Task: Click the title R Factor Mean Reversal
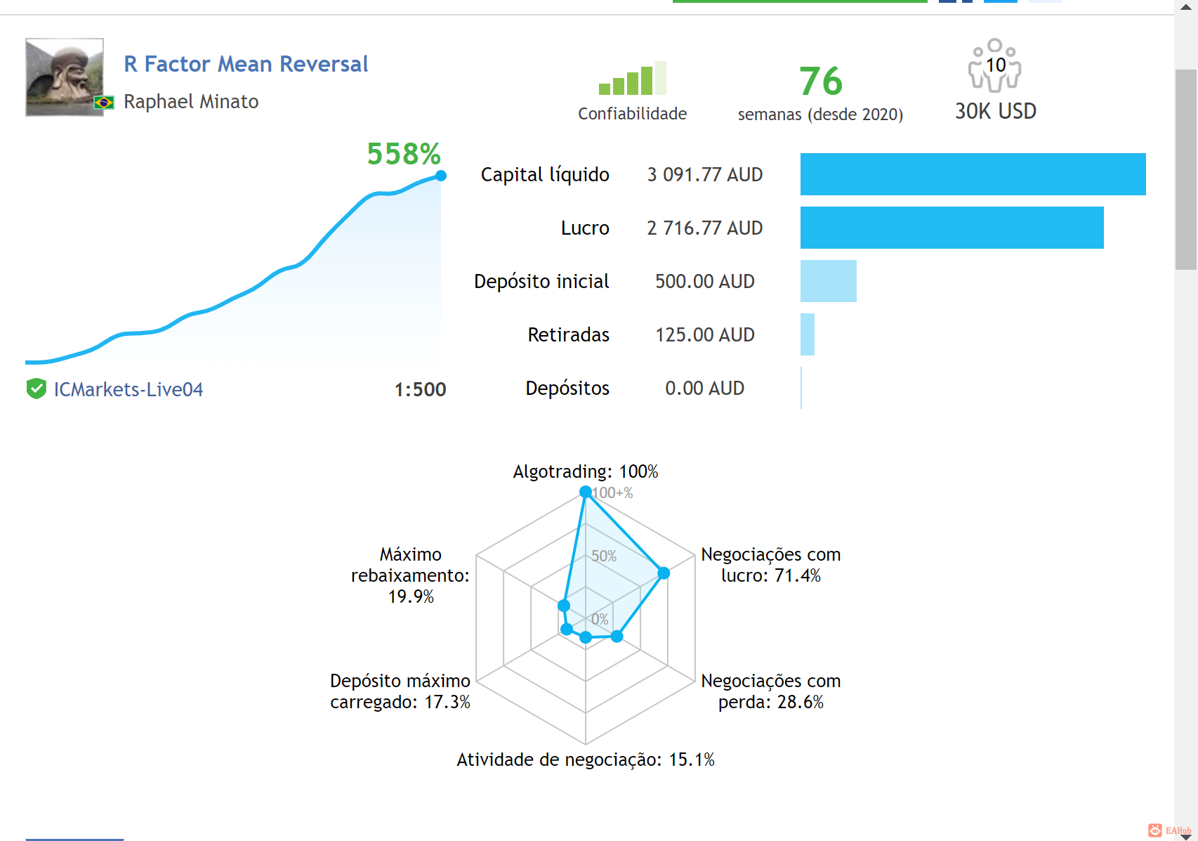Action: (246, 64)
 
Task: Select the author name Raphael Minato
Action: (191, 102)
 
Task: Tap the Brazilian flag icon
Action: (104, 102)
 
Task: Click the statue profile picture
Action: (65, 77)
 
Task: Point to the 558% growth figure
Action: (404, 154)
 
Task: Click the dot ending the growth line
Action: (441, 176)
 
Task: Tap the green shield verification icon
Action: (37, 389)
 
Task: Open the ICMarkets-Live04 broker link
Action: (129, 389)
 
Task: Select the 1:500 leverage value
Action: (420, 389)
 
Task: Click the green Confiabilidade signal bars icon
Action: (633, 78)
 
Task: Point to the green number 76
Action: (821, 82)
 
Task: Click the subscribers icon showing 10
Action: (995, 65)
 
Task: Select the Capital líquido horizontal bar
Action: (973, 174)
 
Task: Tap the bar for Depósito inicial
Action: (829, 282)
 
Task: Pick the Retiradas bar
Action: (808, 335)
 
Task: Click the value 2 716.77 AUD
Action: (705, 228)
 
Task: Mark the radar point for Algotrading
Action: (586, 492)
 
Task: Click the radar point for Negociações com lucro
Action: (664, 573)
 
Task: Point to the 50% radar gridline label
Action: (604, 556)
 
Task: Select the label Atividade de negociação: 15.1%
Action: (586, 759)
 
